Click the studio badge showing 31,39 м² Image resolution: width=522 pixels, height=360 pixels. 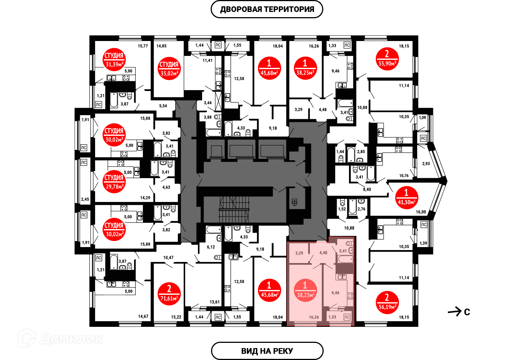114,60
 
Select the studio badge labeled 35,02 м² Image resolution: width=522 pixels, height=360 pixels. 169,69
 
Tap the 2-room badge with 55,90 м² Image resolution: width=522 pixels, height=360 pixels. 387,59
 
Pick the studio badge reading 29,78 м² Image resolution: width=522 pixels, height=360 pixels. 114,182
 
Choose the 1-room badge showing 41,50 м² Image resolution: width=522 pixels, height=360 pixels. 406,198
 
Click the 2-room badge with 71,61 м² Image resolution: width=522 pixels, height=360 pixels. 169,294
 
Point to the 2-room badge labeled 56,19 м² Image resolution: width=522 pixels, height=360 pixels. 387,302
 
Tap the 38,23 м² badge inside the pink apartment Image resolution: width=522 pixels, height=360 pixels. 305,290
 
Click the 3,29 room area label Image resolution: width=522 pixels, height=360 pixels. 299,253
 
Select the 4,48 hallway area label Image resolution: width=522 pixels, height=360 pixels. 323,253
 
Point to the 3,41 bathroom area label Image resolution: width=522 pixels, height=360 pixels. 343,251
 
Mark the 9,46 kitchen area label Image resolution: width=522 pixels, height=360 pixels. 335,293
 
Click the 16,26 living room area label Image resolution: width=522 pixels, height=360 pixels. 314,317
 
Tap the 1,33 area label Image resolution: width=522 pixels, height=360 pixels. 332,317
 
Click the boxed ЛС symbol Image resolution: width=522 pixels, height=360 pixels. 347,317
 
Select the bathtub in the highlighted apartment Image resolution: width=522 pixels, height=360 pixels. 345,259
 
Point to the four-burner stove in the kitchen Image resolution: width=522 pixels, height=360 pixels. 350,296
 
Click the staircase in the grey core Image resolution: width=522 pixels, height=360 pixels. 234,209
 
